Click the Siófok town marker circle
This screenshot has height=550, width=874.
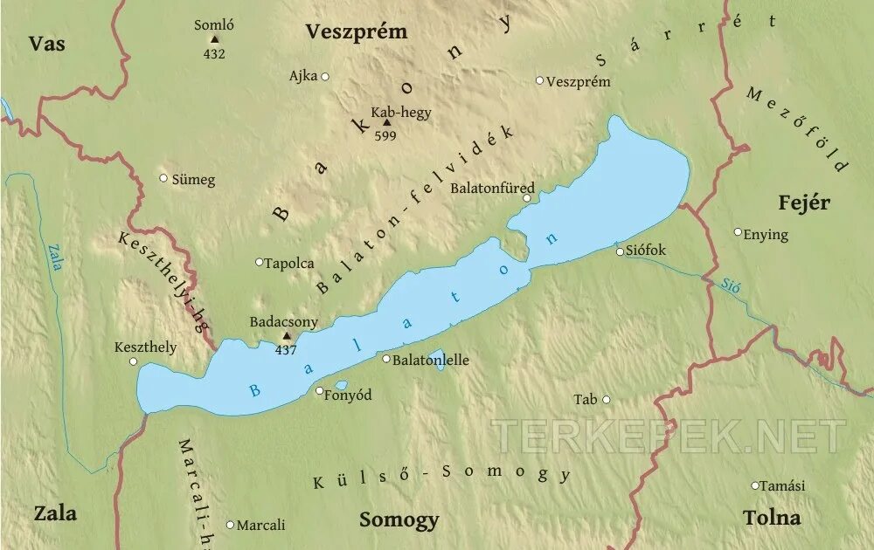click(621, 251)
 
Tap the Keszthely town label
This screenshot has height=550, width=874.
click(146, 347)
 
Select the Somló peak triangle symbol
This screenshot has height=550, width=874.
click(214, 39)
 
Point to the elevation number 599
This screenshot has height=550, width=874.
click(385, 135)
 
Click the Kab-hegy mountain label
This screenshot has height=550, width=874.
click(401, 112)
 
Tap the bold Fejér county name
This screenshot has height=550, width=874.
click(804, 203)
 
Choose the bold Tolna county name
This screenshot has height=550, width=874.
click(772, 517)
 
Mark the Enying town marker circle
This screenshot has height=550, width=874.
click(738, 232)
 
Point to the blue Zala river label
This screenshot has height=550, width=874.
click(55, 258)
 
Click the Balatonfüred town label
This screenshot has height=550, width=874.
click(492, 188)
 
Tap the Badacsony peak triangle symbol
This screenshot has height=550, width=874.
click(286, 336)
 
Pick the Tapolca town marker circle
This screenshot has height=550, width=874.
click(259, 262)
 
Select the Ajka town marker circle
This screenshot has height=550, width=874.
click(325, 77)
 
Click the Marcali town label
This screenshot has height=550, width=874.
click(261, 525)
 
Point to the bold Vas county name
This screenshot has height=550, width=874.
click(46, 44)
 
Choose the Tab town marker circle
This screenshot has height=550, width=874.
click(607, 400)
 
